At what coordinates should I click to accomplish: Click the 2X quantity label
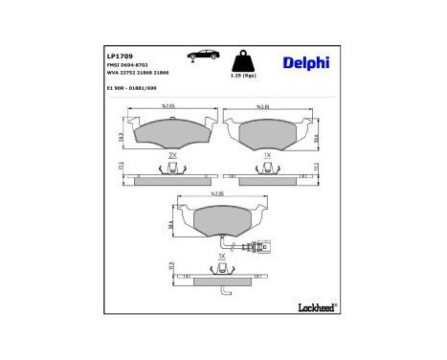172,154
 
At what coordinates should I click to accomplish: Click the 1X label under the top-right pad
268,154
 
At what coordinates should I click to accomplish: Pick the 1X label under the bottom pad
222,256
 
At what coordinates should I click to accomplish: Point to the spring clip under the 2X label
172,169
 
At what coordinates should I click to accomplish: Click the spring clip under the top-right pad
268,169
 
